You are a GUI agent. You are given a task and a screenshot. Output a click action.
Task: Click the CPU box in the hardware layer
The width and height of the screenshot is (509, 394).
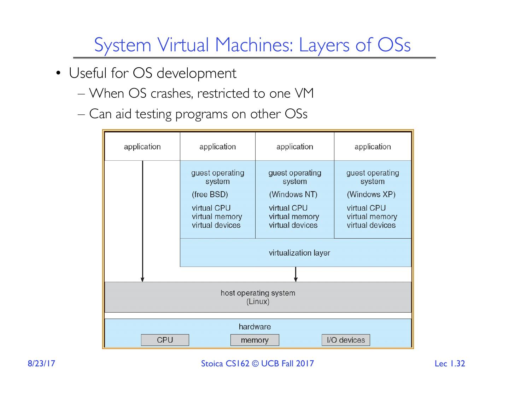click(165, 340)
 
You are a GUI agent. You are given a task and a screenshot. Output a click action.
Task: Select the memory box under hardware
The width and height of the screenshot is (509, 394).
click(255, 340)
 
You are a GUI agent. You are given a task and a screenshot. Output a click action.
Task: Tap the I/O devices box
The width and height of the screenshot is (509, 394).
click(346, 340)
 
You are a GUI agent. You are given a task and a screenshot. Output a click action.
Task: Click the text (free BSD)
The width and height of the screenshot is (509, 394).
click(210, 194)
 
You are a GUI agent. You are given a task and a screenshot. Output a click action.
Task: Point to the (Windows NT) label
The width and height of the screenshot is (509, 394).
click(293, 194)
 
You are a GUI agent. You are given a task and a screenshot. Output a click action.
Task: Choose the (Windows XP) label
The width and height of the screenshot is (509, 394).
click(371, 194)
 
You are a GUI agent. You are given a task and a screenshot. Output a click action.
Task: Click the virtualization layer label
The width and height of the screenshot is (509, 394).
click(299, 253)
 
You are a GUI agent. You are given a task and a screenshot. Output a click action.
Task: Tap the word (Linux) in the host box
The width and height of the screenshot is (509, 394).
click(258, 302)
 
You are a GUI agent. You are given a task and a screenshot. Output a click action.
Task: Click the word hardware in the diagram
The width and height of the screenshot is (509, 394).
click(255, 327)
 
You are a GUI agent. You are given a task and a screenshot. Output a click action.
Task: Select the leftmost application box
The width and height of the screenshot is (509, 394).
click(142, 147)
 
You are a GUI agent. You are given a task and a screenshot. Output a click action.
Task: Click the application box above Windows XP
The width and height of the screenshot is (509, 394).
click(373, 147)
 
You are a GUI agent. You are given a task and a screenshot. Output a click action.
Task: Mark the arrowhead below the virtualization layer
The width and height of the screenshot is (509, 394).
click(296, 279)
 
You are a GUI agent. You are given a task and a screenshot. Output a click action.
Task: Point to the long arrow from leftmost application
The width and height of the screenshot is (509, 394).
click(142, 219)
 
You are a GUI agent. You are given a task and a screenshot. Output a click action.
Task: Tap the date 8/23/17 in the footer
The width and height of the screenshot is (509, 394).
click(42, 364)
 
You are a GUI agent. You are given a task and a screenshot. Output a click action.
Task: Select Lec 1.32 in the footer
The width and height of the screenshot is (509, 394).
click(450, 364)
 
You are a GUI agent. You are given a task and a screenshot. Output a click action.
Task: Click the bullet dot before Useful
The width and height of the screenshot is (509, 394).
click(59, 73)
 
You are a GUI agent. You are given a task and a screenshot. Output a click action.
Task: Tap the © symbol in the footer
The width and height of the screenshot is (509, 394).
click(255, 364)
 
